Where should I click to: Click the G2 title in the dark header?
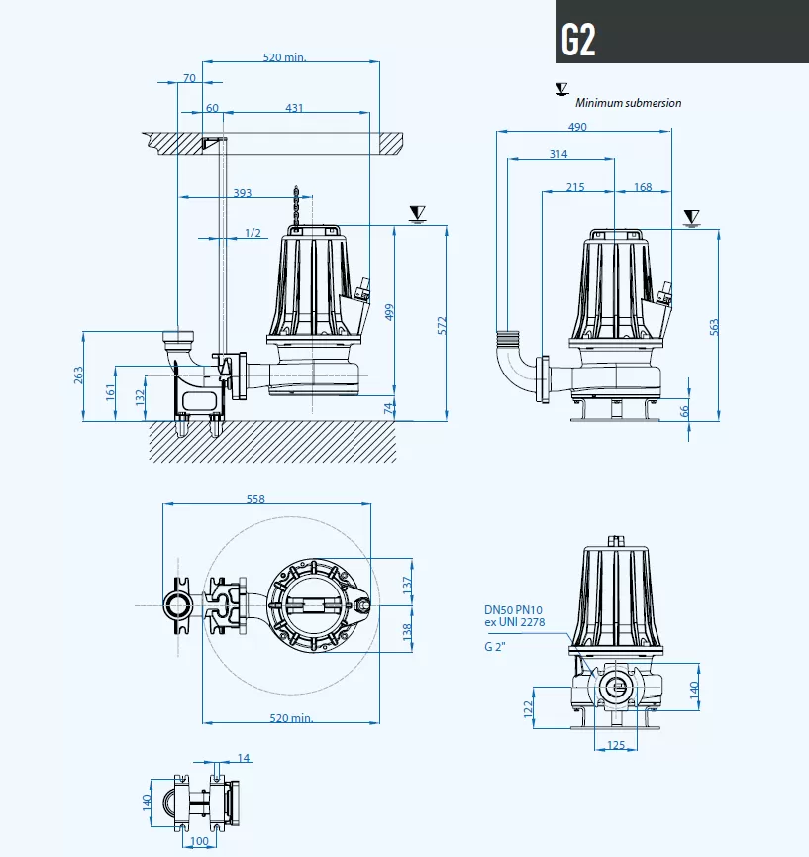point(578,39)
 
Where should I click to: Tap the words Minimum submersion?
point(628,103)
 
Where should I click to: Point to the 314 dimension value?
point(558,154)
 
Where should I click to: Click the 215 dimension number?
point(575,187)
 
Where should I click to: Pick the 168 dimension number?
point(643,187)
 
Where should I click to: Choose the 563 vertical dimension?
point(714,326)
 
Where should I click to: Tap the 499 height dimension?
point(389,312)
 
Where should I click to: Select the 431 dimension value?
point(294,108)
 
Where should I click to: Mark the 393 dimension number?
point(242,193)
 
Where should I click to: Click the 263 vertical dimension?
point(79,375)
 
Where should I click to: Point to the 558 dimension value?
point(255,500)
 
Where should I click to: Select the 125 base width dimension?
point(616,745)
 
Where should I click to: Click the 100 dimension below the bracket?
point(199,842)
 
